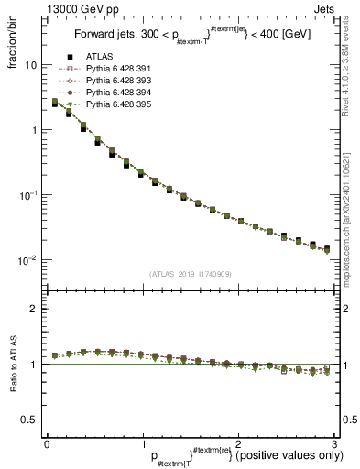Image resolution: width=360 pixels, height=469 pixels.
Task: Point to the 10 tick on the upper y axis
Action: (x=31, y=66)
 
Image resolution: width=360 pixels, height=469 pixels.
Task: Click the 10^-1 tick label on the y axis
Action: (x=28, y=195)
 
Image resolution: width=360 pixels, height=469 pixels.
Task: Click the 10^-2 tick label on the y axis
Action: (x=28, y=260)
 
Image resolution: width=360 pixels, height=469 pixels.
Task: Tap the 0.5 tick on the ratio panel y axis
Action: (x=31, y=420)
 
